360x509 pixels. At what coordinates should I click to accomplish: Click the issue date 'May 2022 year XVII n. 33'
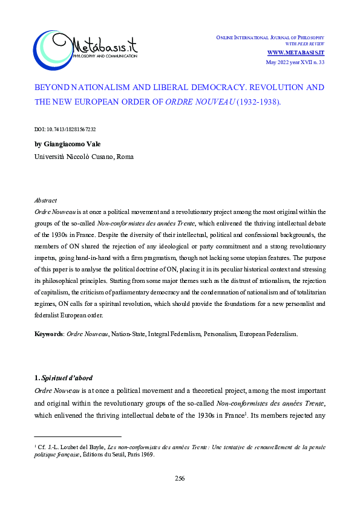pyautogui.click(x=296, y=62)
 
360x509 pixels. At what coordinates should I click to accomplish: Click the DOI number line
pyautogui.click(x=66, y=129)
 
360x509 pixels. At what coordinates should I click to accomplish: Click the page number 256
pyautogui.click(x=180, y=478)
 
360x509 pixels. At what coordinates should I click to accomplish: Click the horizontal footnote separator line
pyautogui.click(x=78, y=436)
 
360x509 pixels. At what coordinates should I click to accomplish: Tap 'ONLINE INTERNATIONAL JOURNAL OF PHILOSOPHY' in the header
pyautogui.click(x=270, y=38)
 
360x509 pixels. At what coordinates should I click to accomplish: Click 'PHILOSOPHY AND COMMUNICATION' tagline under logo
pyautogui.click(x=104, y=56)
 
